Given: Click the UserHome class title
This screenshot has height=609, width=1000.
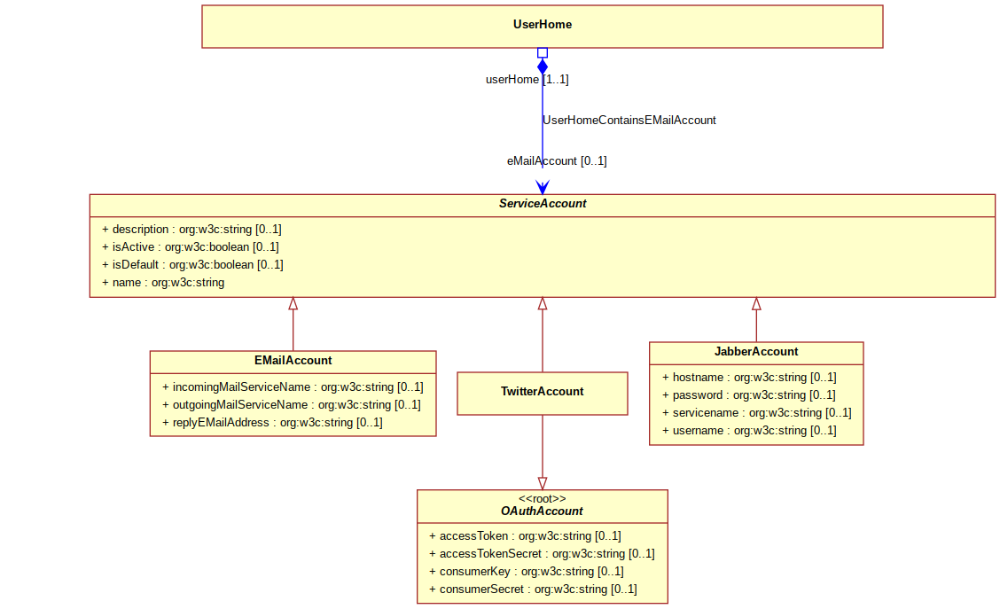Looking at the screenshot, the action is pyautogui.click(x=542, y=24).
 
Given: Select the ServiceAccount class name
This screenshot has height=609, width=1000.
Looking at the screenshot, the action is pyautogui.click(x=542, y=203).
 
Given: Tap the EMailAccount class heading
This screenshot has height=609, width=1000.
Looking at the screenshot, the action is pyautogui.click(x=293, y=360).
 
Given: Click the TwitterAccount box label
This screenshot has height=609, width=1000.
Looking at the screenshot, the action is pyautogui.click(x=542, y=392).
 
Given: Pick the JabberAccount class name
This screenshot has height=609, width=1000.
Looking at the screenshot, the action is pyautogui.click(x=755, y=351).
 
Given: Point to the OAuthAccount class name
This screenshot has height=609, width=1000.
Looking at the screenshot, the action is pyautogui.click(x=542, y=511).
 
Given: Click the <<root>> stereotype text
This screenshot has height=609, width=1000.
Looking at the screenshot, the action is pyautogui.click(x=542, y=499).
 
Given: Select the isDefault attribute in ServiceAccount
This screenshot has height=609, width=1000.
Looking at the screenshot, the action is pyautogui.click(x=192, y=265).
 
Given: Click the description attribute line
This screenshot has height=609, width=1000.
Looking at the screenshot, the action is pyautogui.click(x=191, y=229).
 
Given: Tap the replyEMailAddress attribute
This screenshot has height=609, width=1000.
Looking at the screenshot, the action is pyautogui.click(x=272, y=422).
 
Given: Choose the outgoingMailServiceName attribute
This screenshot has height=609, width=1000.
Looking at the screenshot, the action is pyautogui.click(x=292, y=404).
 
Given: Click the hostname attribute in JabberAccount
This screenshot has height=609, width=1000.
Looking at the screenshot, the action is pyautogui.click(x=749, y=377).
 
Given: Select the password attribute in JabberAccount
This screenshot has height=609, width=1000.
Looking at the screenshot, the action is pyautogui.click(x=749, y=394).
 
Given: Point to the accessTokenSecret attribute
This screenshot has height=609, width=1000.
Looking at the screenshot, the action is pyautogui.click(x=542, y=553).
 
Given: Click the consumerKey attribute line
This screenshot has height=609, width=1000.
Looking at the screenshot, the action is pyautogui.click(x=527, y=572).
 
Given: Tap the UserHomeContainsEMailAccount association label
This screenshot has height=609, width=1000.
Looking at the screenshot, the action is pyautogui.click(x=629, y=120).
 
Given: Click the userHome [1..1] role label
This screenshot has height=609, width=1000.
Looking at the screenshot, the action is pyautogui.click(x=527, y=79).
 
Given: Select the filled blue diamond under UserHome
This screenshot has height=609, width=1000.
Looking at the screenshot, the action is pyautogui.click(x=542, y=66).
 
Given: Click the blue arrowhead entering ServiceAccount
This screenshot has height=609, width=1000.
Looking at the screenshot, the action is pyautogui.click(x=542, y=187).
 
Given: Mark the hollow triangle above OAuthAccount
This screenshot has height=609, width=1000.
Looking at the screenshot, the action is pyautogui.click(x=542, y=483).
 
